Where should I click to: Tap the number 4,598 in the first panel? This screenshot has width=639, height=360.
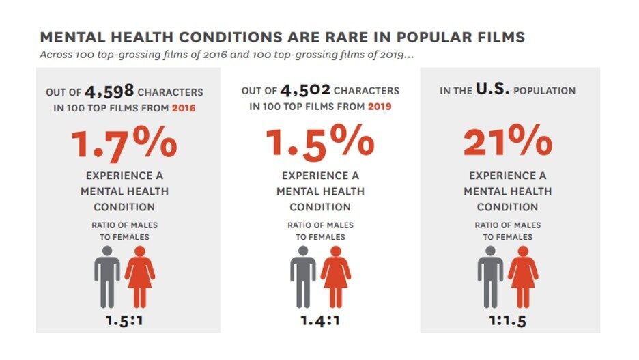[x=110, y=91]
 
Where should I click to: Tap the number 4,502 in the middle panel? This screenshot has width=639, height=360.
[x=305, y=90]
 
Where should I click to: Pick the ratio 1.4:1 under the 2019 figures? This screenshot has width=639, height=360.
[x=320, y=320]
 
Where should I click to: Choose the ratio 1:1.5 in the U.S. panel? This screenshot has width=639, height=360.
[x=507, y=320]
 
